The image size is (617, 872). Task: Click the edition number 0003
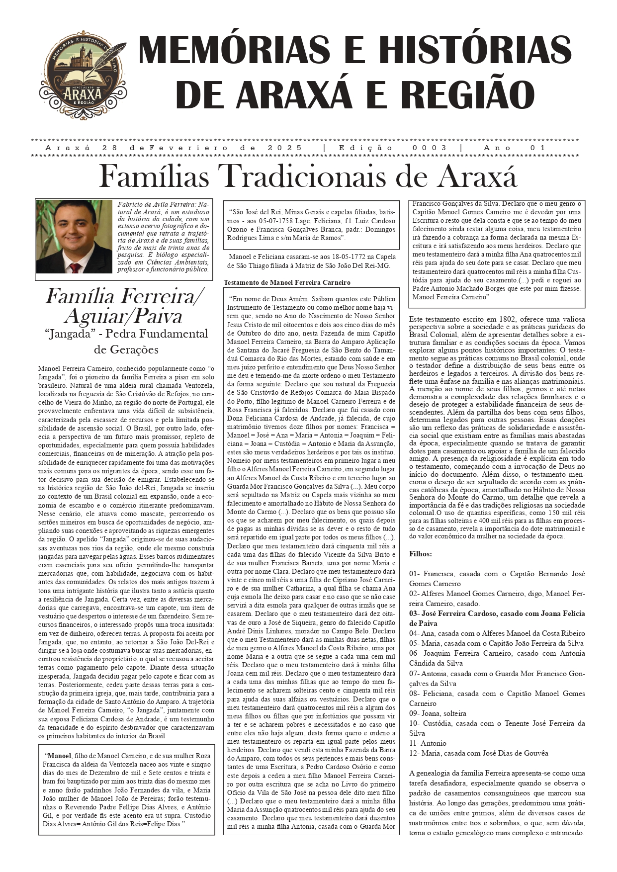coord(430,148)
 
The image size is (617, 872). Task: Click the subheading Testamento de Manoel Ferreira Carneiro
coord(287,282)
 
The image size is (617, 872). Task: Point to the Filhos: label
coord(421,553)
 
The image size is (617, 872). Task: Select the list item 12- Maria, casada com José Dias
coord(478,753)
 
